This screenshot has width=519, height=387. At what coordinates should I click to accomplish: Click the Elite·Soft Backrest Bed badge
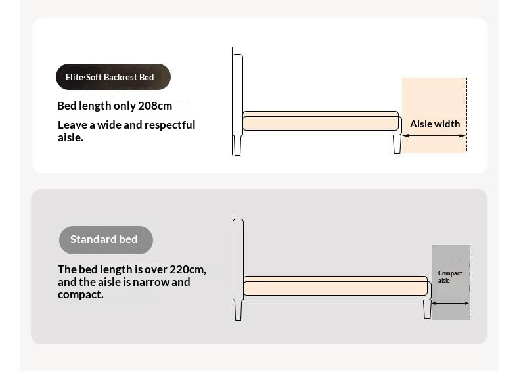tap(113, 77)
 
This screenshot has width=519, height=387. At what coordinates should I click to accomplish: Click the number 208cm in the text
tap(155, 106)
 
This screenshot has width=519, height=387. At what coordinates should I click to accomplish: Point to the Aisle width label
tap(435, 124)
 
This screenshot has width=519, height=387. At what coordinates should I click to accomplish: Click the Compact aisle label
tap(450, 277)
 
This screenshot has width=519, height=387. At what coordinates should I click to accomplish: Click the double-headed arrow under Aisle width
tap(434, 136)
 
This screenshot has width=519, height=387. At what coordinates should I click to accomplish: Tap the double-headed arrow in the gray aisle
tap(451, 303)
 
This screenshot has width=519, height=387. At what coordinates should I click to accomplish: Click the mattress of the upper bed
tap(320, 123)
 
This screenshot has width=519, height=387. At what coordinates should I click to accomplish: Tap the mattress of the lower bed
tap(335, 288)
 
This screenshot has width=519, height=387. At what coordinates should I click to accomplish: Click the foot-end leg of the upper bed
tap(397, 144)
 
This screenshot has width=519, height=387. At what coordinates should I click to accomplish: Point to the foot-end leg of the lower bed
tap(427, 309)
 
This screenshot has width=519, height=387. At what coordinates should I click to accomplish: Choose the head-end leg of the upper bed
tap(238, 146)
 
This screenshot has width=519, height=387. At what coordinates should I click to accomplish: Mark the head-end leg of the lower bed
tap(238, 311)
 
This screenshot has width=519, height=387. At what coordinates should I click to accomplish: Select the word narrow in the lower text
tap(150, 282)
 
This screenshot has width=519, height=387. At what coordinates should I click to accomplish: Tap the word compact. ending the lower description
tap(81, 294)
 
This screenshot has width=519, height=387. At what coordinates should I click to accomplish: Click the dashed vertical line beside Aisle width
tap(466, 115)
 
